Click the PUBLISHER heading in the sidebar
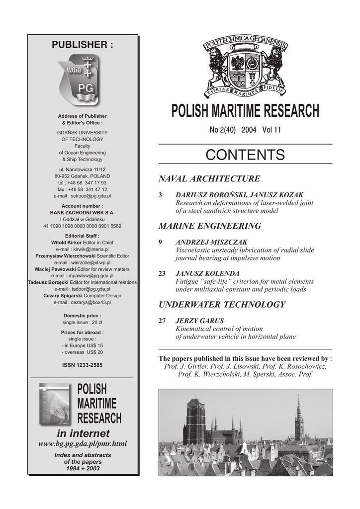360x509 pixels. tap(83, 45)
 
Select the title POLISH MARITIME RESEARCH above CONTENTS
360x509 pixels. tap(245, 111)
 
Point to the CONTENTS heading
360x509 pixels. tap(245, 155)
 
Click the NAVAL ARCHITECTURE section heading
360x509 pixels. tap(209, 178)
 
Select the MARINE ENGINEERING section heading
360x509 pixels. tap(209, 226)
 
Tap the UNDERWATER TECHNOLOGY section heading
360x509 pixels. tap(221, 304)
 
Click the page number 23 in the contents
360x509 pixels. tap(162, 274)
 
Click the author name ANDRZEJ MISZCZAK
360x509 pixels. tap(211, 242)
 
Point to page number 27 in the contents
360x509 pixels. tap(162, 321)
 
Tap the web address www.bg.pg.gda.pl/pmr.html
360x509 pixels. tap(83, 443)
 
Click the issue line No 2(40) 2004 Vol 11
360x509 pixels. tap(245, 130)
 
